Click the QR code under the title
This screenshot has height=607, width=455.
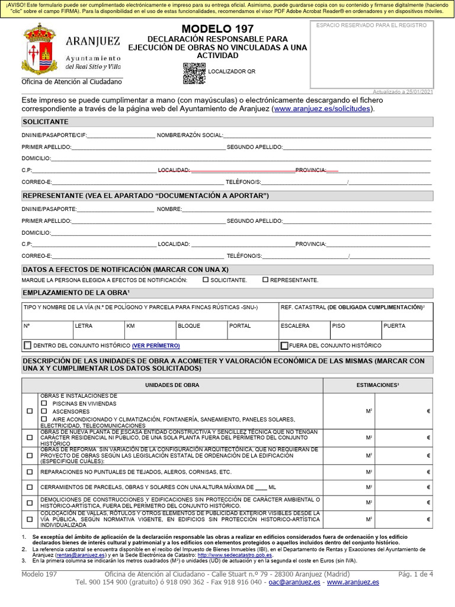(194, 73)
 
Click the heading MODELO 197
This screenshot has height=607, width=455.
(217, 29)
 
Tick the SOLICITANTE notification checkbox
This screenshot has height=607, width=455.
(206, 280)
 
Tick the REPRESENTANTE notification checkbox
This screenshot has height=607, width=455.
(265, 280)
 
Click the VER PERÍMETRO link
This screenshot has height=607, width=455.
(156, 345)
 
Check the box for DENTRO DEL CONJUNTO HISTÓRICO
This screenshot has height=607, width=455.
(27, 345)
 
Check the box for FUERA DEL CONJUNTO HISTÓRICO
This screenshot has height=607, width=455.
(284, 345)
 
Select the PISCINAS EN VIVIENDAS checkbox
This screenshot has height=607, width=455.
(44, 403)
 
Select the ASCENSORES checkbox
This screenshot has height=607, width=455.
(44, 411)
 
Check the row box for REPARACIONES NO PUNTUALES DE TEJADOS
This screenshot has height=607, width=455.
(30, 472)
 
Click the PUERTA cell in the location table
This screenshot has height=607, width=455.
(395, 326)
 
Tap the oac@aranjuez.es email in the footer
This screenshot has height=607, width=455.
(294, 582)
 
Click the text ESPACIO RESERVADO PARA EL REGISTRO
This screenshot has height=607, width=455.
(371, 25)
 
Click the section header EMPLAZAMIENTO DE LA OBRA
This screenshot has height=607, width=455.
(76, 293)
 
